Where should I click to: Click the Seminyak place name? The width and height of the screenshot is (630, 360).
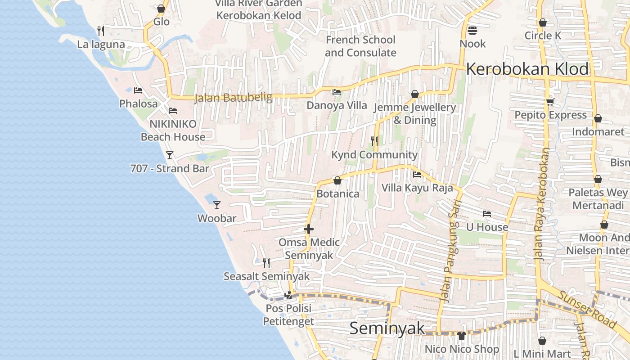[x=387, y=328]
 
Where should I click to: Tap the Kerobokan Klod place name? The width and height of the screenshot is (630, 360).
[x=527, y=69]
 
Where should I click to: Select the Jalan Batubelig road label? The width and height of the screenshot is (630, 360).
[x=233, y=98]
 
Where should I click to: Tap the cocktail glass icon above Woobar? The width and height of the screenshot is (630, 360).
[x=217, y=205]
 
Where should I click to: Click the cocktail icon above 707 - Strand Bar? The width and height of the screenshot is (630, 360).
[x=170, y=155]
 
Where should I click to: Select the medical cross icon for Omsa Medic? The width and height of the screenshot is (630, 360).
[x=309, y=229]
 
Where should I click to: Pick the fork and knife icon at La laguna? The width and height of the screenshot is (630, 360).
[x=101, y=31]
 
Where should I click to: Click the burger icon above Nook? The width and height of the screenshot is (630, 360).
[x=472, y=31]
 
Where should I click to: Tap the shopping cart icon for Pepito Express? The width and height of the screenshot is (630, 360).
[x=550, y=102]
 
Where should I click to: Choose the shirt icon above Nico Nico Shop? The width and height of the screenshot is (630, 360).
[x=462, y=335]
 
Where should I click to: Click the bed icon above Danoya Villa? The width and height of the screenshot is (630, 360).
[x=336, y=92]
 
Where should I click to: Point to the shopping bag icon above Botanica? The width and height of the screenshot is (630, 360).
[x=337, y=180]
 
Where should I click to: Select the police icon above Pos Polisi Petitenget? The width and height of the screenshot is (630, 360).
[x=288, y=295]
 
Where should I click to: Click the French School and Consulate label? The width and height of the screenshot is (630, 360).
[x=360, y=46]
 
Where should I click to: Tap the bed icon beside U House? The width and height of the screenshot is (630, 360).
[x=486, y=214]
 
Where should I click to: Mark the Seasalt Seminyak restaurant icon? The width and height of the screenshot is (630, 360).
[x=266, y=263]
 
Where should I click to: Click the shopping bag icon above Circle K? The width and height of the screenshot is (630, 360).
[x=543, y=22]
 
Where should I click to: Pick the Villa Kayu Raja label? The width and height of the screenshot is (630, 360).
[x=417, y=188]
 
